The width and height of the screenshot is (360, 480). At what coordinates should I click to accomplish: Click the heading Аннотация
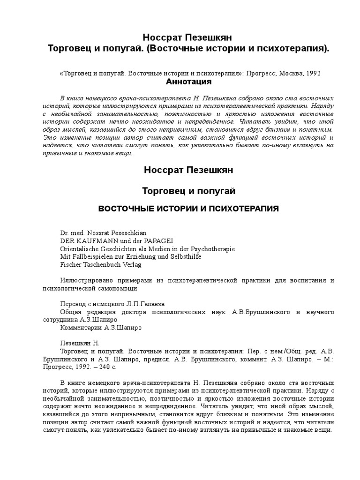pos(189,82)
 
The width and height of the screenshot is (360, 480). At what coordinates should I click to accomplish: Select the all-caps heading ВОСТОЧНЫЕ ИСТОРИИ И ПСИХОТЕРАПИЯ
pos(188,208)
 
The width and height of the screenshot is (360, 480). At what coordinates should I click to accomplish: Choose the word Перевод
pos(73,304)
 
